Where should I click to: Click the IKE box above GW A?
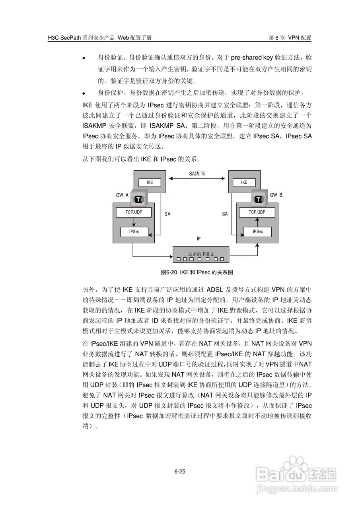click(x=150, y=183)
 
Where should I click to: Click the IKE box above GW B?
click(x=244, y=183)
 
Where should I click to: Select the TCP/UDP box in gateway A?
click(x=134, y=212)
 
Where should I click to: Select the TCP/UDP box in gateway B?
click(x=257, y=212)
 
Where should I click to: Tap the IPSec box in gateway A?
click(x=134, y=231)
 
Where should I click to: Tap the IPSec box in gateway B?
click(x=257, y=231)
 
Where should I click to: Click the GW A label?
click(x=122, y=195)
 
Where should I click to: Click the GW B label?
click(x=276, y=195)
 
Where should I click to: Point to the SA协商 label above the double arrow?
click(x=197, y=174)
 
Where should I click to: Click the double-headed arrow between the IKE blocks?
click(x=197, y=179)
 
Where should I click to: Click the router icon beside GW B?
click(x=259, y=198)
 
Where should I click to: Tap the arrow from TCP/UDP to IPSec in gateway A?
click(x=134, y=222)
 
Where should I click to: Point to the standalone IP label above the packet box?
click(x=198, y=239)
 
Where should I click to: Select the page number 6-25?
click(x=180, y=472)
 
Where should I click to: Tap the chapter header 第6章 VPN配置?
click(x=290, y=38)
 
